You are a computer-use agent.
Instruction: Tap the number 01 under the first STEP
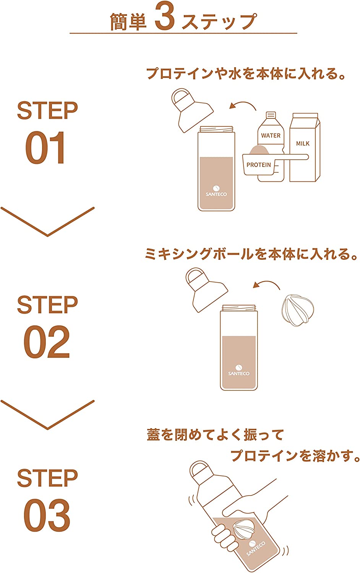click(45, 147)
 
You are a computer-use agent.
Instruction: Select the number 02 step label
click(46, 341)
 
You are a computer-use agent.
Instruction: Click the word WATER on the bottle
click(271, 135)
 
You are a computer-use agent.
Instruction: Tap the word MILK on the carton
click(303, 144)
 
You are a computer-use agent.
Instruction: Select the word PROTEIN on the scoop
click(258, 165)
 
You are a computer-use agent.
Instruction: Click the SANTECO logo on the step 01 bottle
click(216, 191)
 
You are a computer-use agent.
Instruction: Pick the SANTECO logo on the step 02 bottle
click(239, 370)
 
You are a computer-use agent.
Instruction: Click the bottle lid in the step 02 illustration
click(206, 290)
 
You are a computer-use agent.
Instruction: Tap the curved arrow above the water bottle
click(243, 104)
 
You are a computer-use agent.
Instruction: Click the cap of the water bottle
click(271, 115)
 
